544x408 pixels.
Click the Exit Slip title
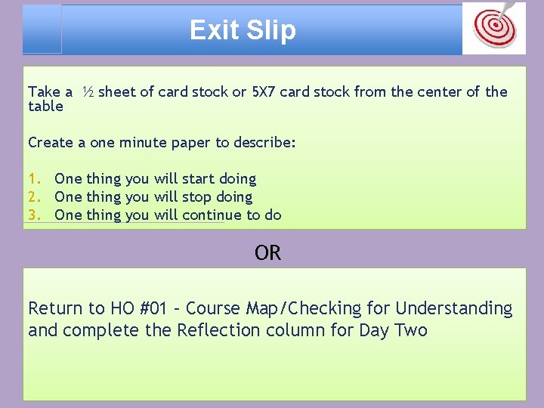click(243, 30)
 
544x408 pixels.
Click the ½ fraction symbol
click(88, 92)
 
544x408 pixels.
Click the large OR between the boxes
click(268, 253)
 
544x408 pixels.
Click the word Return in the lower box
click(55, 308)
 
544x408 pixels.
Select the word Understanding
click(453, 308)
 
